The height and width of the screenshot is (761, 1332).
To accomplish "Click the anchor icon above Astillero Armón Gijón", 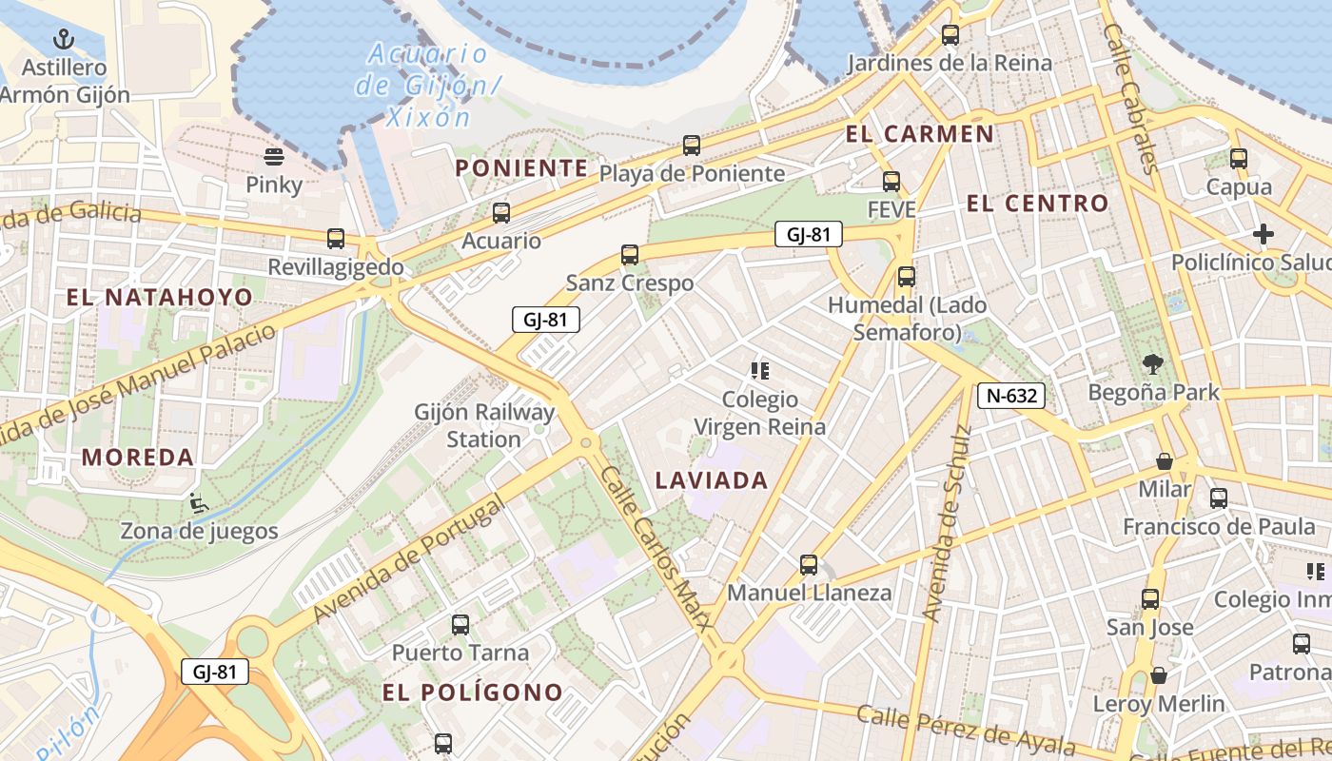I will click(64, 40).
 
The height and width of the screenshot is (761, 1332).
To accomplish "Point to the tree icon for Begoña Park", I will click(1153, 363).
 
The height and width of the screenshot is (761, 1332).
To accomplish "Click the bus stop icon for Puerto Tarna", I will click(460, 625).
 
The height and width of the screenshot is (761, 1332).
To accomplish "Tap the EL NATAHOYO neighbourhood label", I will click(160, 297).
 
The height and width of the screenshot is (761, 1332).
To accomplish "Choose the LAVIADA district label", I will click(711, 480).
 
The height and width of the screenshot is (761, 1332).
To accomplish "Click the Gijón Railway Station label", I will click(484, 425).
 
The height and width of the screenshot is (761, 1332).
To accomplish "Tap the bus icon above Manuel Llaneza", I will click(809, 565).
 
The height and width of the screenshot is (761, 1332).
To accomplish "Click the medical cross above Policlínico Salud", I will click(1263, 234).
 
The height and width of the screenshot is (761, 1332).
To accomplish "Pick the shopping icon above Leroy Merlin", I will click(1158, 676).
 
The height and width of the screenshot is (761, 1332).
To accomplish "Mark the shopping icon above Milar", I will click(1164, 461).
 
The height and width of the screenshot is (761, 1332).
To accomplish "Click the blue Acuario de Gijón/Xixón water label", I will click(427, 86).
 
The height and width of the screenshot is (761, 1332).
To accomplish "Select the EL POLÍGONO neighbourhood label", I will click(473, 693).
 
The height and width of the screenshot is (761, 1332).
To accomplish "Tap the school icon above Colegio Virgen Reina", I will click(759, 371).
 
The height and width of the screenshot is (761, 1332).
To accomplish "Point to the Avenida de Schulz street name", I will click(949, 523).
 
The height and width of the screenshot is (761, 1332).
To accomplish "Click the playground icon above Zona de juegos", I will click(198, 502).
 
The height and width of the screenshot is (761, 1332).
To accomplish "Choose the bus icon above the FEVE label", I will click(891, 181).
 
